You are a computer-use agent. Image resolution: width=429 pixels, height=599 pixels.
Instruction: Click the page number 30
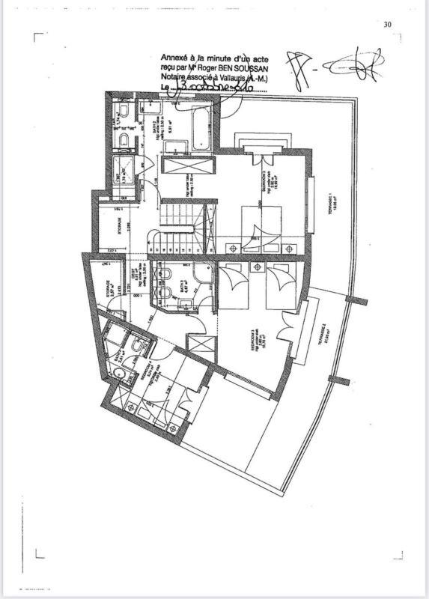coord(388,24)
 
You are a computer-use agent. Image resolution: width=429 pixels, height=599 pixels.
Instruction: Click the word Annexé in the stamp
coord(175,58)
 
